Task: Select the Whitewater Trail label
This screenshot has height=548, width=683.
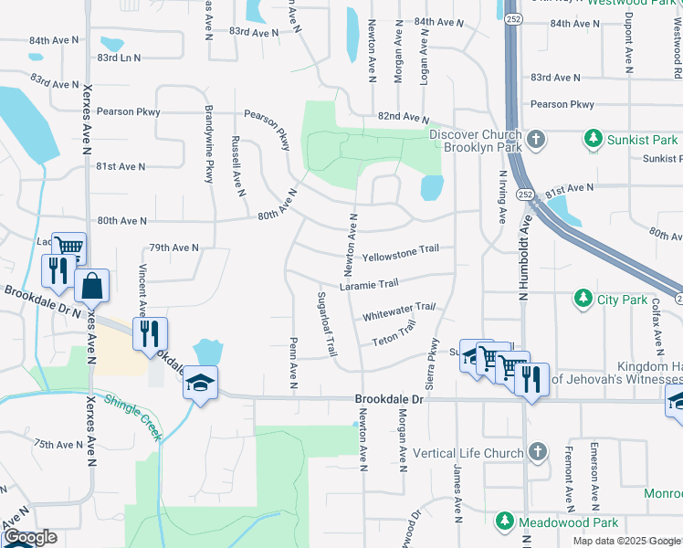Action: [398, 311]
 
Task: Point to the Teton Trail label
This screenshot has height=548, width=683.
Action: [394, 334]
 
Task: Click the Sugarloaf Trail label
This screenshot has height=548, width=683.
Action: [326, 324]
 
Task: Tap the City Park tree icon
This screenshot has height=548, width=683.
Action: [583, 299]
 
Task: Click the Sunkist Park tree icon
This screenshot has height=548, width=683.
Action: [594, 140]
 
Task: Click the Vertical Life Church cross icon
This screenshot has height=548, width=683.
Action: [538, 453]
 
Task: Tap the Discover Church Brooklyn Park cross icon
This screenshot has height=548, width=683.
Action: [537, 140]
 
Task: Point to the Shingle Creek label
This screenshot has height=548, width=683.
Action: [133, 416]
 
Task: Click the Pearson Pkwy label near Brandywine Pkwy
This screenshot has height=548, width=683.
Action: [130, 111]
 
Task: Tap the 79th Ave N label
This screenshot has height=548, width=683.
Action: [173, 248]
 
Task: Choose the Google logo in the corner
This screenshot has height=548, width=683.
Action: [29, 538]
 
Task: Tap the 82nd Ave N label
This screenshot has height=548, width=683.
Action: [403, 118]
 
